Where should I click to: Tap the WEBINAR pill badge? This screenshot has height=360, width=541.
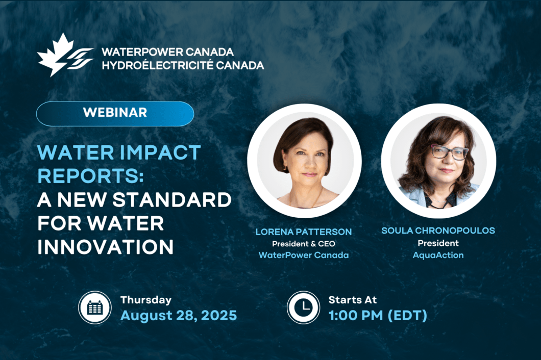point(115,113)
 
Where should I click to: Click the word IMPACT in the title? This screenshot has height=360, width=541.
point(160,152)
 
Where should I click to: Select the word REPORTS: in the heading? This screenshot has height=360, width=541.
point(90,176)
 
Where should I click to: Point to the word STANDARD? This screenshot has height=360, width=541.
point(172,200)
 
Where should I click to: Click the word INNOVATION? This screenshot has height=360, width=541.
point(106,247)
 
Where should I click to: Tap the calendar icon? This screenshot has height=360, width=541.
point(95,307)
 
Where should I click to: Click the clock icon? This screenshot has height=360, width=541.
point(304,307)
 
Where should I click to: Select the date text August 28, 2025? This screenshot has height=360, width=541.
point(179,316)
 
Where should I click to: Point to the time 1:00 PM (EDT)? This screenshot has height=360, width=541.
point(378,316)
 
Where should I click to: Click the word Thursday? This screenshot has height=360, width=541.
point(146,300)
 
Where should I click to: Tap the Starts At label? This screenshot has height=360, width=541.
point(353,300)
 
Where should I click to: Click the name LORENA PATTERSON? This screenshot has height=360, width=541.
point(304,232)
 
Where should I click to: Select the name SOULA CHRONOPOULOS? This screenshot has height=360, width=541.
point(438,230)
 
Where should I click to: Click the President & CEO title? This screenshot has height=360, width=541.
point(304,244)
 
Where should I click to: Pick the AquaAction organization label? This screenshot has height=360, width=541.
point(438,255)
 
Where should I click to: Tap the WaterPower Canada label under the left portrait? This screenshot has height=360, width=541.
point(304,255)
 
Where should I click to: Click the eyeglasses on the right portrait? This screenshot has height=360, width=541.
point(449,152)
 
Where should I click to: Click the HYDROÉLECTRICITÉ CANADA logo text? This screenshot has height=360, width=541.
point(183,65)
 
